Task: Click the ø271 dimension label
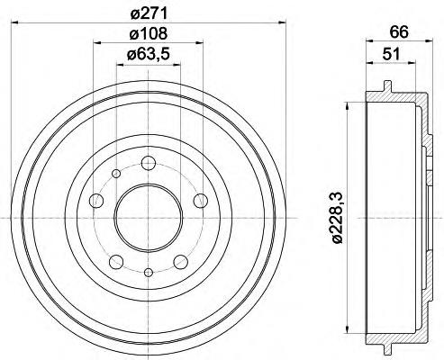(149, 13)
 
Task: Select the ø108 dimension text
(149, 34)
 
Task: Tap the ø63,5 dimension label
(149, 55)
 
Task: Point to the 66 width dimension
(400, 32)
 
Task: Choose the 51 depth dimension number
(391, 55)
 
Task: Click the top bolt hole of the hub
(149, 163)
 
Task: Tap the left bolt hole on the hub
(96, 201)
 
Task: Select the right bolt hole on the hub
(200, 201)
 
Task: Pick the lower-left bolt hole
(116, 262)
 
